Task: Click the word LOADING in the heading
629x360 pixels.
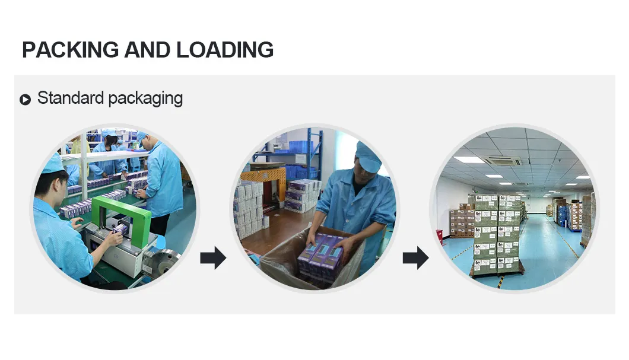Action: click(225, 50)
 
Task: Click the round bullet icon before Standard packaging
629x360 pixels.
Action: click(25, 99)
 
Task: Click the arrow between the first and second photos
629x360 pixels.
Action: click(212, 258)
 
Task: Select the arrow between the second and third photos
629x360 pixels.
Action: click(415, 258)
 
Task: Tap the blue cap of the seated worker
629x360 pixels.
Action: click(52, 163)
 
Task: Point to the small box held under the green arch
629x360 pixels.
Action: click(120, 229)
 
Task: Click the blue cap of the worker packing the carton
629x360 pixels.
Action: click(367, 157)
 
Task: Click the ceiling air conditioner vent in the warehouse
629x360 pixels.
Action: click(501, 160)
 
